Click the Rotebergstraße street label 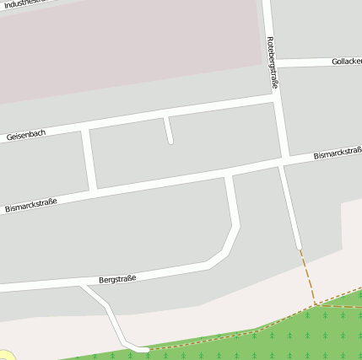coord(273,62)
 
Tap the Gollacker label coord(346,62)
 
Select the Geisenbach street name coord(25,134)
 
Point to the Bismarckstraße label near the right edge coord(337,154)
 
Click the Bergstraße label coord(117,277)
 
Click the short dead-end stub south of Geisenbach coord(168,131)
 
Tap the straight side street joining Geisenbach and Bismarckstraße coord(89,159)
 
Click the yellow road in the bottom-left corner coord(4,356)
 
